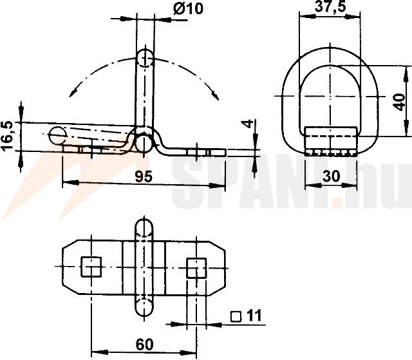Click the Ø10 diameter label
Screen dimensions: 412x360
tap(188, 8)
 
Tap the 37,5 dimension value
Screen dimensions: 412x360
tap(330, 6)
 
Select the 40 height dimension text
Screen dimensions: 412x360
tap(399, 102)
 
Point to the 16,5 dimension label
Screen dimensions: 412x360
tap(7, 136)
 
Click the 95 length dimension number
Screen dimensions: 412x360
tap(144, 176)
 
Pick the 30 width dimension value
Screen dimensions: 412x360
tap(332, 176)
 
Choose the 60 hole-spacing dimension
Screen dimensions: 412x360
tap(144, 345)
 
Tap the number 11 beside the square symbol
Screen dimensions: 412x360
tap(254, 315)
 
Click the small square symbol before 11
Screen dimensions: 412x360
tap(236, 317)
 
